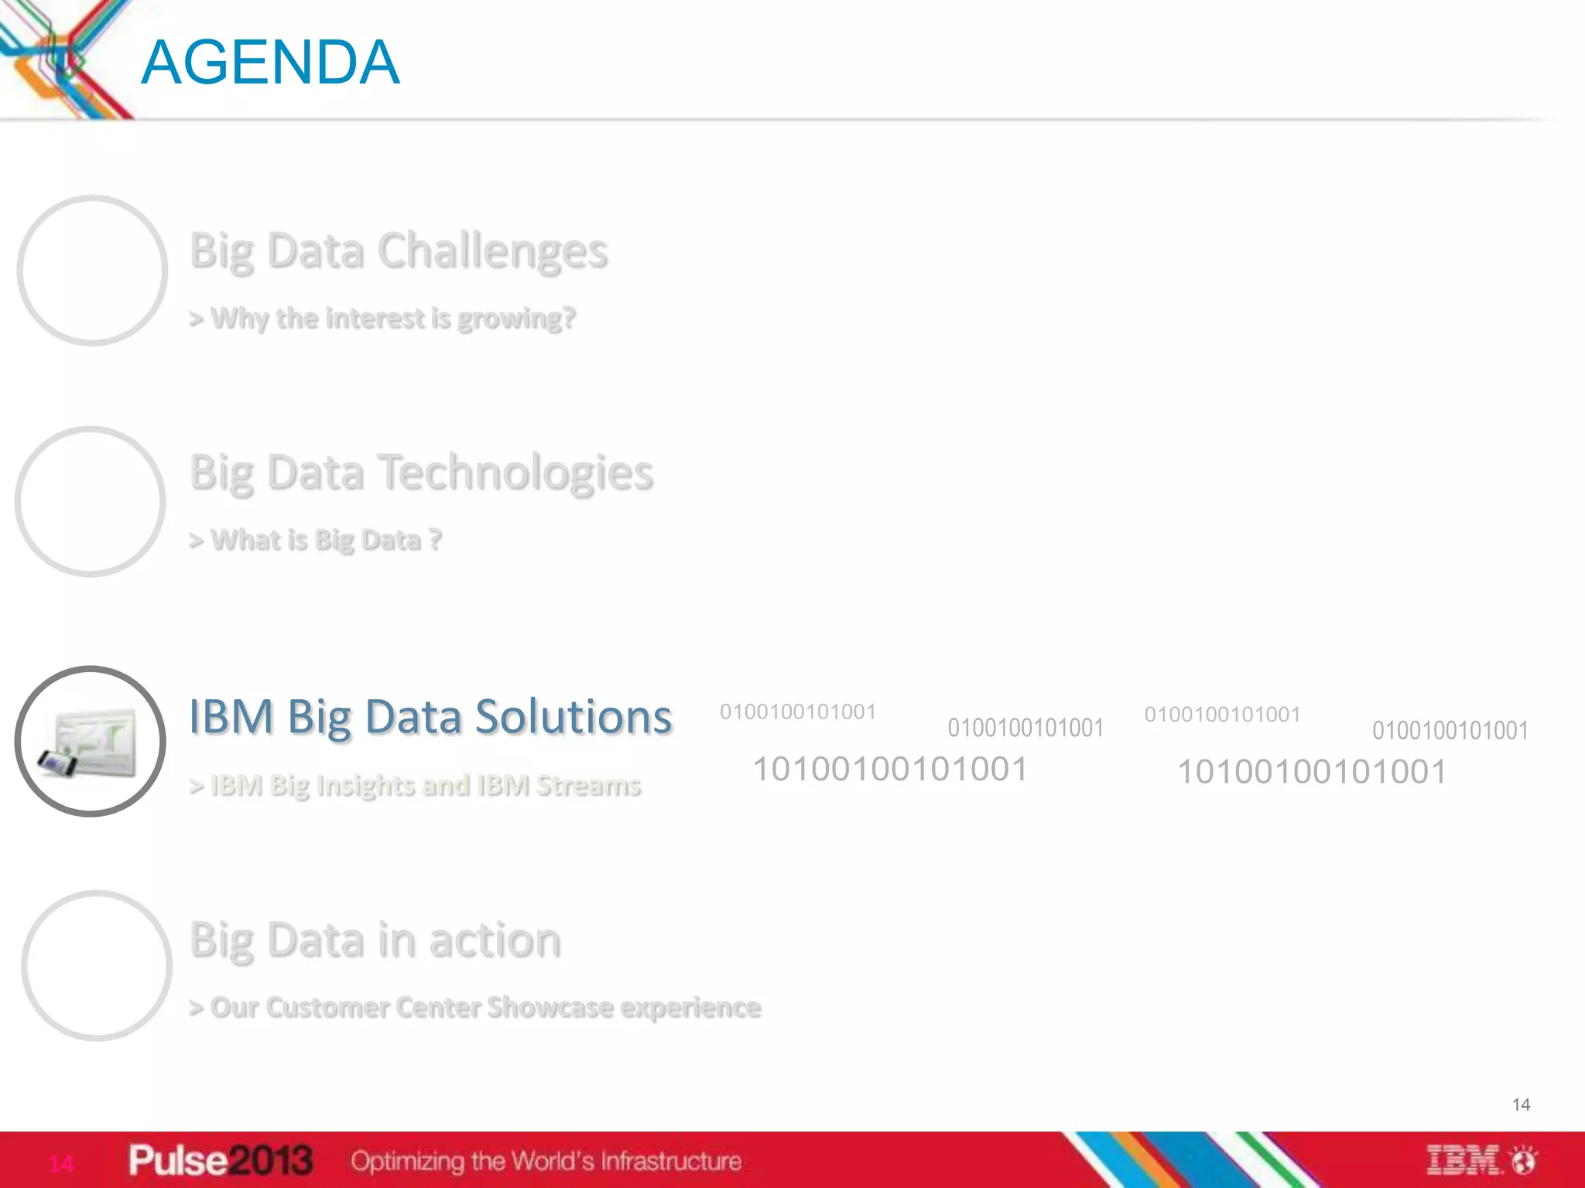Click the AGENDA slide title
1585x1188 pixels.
(270, 63)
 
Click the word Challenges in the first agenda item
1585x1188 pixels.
(492, 252)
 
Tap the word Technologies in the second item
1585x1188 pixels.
(517, 473)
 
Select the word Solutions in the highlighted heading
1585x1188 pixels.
(573, 717)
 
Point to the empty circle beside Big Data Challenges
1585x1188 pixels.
(92, 271)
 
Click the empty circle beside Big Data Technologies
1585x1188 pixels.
(91, 502)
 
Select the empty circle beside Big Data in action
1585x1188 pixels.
(97, 966)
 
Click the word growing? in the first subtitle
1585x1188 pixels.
(516, 319)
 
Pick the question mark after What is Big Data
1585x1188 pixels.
(435, 539)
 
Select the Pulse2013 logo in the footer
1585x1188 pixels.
(221, 1160)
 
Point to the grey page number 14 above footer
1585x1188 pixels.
(1521, 1104)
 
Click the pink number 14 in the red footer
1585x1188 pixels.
(61, 1163)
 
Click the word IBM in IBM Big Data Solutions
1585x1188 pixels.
(231, 717)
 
